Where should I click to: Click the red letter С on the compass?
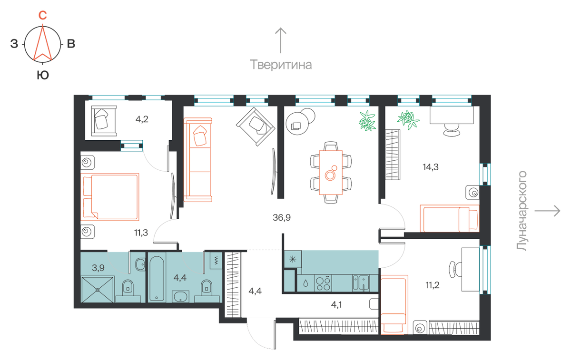[42, 15]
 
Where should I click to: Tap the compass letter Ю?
[43, 75]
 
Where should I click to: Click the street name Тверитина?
[281, 65]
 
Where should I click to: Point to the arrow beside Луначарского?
[547, 211]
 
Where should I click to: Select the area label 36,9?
[281, 218]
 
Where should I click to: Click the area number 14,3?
[431, 167]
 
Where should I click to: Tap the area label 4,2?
[142, 119]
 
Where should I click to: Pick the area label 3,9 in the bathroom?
[98, 268]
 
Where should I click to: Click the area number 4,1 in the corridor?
[336, 304]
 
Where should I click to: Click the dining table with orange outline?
[331, 173]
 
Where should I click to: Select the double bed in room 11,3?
[110, 197]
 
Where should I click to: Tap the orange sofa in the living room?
[198, 160]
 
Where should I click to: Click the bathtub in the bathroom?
[157, 279]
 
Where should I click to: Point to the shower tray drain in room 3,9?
[98, 290]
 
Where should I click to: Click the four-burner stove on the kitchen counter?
[323, 283]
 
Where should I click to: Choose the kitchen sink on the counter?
[361, 283]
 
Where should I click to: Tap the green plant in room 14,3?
[408, 120]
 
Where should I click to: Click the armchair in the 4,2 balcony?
[104, 121]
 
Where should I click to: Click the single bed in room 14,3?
[450, 218]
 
